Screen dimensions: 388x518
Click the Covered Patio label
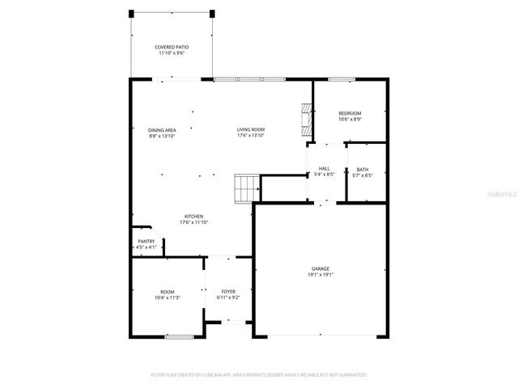tap(171, 48)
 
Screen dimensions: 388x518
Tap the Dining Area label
tap(162, 130)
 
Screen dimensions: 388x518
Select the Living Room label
tap(251, 129)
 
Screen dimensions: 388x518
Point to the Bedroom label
tap(350, 113)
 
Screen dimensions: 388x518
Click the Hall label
tap(324, 168)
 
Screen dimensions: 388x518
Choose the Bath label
tap(363, 169)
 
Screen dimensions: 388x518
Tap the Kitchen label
tap(194, 216)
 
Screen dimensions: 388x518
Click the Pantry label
tap(146, 241)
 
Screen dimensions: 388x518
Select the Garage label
tap(321, 268)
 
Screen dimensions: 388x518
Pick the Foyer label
tap(228, 292)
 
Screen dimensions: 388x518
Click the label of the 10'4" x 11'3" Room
tap(167, 292)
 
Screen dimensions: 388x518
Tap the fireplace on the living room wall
tap(305, 118)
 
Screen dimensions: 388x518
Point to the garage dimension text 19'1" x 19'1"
tap(321, 275)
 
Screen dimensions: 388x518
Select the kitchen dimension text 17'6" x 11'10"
tap(194, 222)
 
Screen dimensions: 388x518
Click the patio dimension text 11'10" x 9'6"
tap(171, 54)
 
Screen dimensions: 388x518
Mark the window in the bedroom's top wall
tap(342, 79)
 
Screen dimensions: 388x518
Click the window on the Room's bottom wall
tap(178, 335)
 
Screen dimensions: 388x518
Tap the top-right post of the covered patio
tap(212, 14)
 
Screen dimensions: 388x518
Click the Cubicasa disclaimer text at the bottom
tap(259, 374)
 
